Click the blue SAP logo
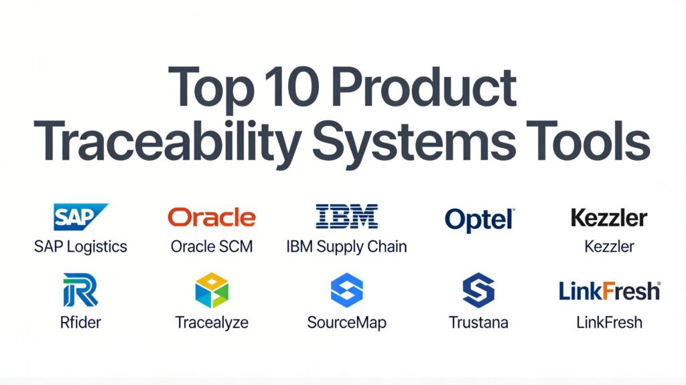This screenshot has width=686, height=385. point(80,216)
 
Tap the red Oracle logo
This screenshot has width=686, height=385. point(212,217)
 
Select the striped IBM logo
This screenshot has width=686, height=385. point(346,216)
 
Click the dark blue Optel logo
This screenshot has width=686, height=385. point(480,220)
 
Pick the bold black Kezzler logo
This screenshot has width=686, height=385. point(609,218)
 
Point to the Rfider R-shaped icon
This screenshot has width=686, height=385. point(80,290)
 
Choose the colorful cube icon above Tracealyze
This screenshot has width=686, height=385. point(212,290)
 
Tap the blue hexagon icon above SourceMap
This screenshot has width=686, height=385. point(346,290)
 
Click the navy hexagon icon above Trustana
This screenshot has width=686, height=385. point(478,290)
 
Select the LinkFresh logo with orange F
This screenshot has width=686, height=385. point(610,291)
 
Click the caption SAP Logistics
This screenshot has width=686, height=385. point(80,247)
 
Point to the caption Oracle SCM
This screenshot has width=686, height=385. point(212,246)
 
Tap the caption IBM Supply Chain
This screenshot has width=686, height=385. point(346,247)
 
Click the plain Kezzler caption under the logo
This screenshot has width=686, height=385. point(609,246)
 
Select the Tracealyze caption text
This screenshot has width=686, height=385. point(212,323)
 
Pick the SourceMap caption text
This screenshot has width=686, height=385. point(346,323)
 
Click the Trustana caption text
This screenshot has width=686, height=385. point(478,323)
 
